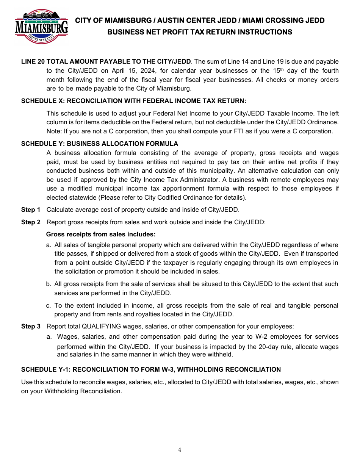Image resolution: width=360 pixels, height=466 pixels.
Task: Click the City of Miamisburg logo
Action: tap(42, 27)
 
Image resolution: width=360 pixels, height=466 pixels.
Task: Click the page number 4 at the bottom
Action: tap(180, 450)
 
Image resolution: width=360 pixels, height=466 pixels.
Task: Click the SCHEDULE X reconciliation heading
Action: tap(133, 101)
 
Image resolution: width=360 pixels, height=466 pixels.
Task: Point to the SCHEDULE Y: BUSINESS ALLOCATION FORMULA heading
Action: tap(99, 144)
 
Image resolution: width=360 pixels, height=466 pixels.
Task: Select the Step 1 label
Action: tap(31, 210)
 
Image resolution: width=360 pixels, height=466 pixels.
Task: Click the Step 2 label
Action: tap(31, 222)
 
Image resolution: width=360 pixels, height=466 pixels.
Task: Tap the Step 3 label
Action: tap(31, 326)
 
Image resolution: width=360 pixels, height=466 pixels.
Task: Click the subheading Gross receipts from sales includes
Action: tap(101, 234)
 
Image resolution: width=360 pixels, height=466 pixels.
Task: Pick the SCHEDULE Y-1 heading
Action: tap(151, 369)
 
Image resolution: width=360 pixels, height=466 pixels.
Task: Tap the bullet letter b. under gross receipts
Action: tap(49, 284)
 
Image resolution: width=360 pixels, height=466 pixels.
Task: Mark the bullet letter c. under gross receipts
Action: tap(49, 305)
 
